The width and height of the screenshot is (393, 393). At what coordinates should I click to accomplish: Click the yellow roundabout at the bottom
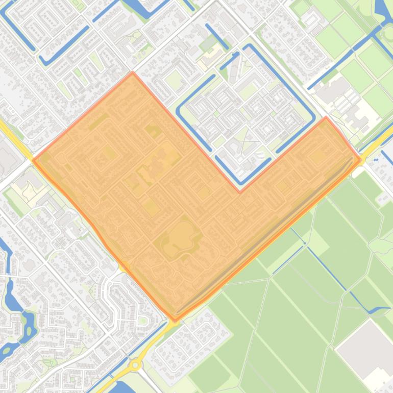(x=135, y=365)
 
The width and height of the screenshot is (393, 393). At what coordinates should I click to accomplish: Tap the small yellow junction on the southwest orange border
(x=125, y=265)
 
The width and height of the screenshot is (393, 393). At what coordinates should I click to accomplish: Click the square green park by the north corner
(x=174, y=79)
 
